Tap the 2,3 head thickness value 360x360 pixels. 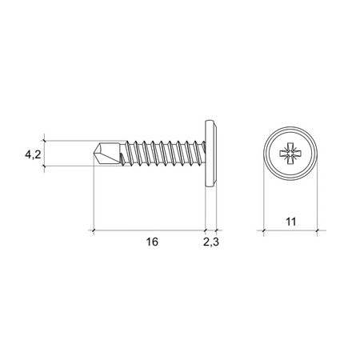(212, 242)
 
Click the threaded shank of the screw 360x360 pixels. (160, 153)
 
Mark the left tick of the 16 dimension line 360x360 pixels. (94, 230)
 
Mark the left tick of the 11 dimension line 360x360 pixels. (264, 230)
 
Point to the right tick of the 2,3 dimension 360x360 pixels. (217, 230)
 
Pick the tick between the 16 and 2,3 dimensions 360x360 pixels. (206, 230)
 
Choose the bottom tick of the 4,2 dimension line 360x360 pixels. (46, 166)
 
